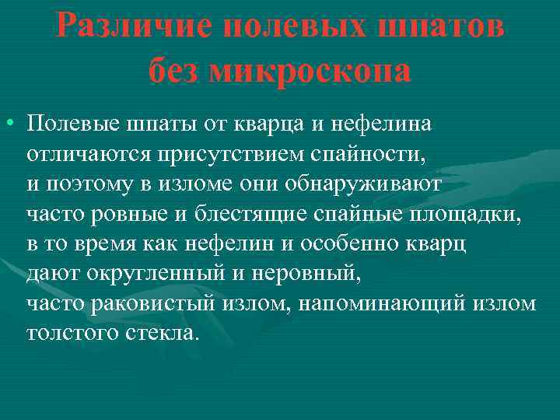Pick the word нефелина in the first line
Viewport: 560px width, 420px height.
(389, 123)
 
